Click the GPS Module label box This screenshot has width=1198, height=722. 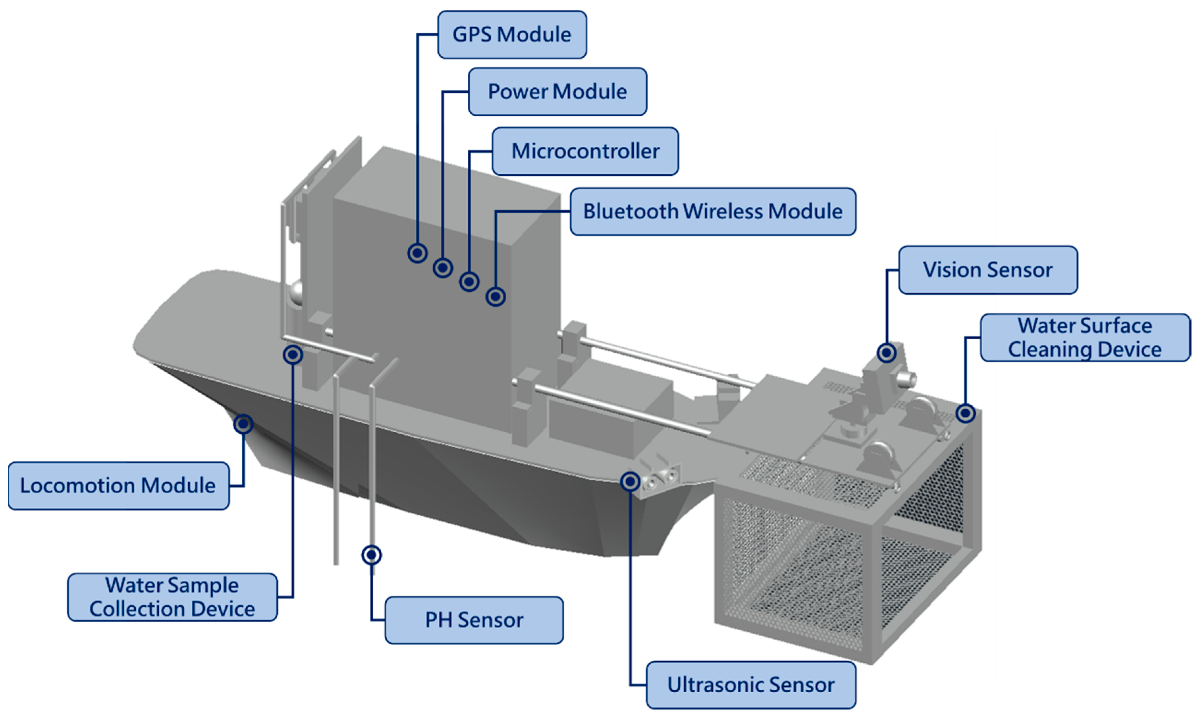pyautogui.click(x=512, y=34)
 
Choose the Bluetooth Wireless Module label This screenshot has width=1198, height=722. pyautogui.click(x=713, y=211)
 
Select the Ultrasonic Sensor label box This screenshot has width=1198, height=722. pyautogui.click(x=751, y=685)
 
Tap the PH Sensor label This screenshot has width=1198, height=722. pyautogui.click(x=474, y=620)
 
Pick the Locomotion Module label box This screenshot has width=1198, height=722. pyautogui.click(x=118, y=485)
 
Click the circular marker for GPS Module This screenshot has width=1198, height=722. pyautogui.click(x=417, y=253)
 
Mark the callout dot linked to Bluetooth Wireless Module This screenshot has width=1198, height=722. pyautogui.click(x=495, y=296)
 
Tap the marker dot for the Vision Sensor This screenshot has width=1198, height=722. pyautogui.click(x=886, y=353)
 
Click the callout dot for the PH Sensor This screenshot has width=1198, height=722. pyautogui.click(x=372, y=555)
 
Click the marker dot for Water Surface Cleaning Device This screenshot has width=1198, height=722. pyautogui.click(x=965, y=413)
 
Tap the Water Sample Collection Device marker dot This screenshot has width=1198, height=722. pyautogui.click(x=293, y=355)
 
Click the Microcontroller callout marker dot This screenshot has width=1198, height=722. pyautogui.click(x=469, y=282)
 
